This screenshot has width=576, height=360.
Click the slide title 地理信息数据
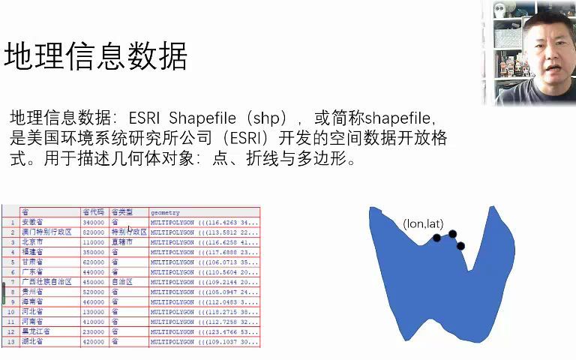click(x=95, y=57)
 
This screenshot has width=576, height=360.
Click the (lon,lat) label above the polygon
click(x=424, y=223)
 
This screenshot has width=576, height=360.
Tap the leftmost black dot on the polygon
click(x=437, y=238)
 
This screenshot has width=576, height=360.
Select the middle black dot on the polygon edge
click(x=452, y=234)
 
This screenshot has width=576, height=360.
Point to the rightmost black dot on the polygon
click(x=460, y=246)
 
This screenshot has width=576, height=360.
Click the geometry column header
click(x=165, y=213)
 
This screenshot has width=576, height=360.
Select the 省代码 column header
click(x=93, y=213)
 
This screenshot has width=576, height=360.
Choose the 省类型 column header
click(x=121, y=213)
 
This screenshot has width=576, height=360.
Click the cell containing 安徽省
click(x=33, y=223)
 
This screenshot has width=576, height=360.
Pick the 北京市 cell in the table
click(x=33, y=242)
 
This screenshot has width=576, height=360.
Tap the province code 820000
click(x=93, y=232)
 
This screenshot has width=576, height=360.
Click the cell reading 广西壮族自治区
click(x=46, y=282)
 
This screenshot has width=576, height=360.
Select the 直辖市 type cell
click(x=122, y=242)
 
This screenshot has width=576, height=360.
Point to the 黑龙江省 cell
click(x=36, y=331)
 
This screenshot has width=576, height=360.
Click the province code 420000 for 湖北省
click(x=93, y=341)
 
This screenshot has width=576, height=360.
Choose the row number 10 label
click(x=10, y=311)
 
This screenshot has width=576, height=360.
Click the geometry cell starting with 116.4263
click(x=204, y=223)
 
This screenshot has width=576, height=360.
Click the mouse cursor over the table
click(x=129, y=228)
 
